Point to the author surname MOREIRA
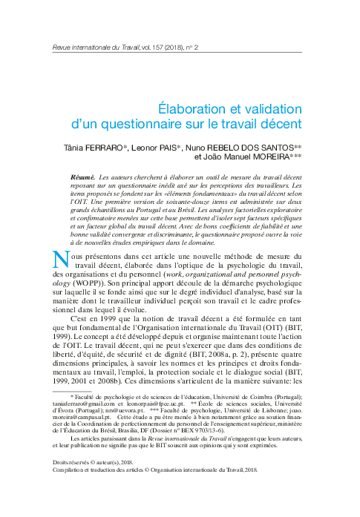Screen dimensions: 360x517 tap(269, 157)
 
